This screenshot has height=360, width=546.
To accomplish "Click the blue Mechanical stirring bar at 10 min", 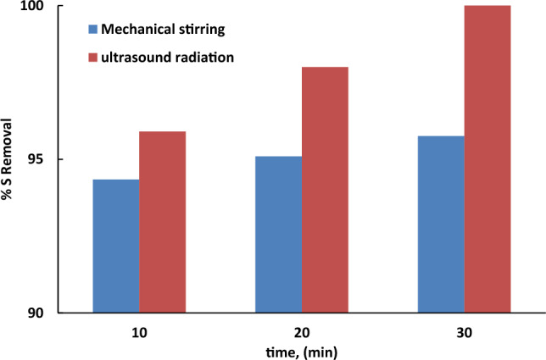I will coord(116,246).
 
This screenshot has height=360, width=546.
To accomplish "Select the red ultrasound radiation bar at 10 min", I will coord(162,222).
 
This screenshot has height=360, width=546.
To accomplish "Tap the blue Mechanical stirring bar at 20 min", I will coord(278,234).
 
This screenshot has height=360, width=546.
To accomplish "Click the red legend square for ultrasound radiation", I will coord(92,58).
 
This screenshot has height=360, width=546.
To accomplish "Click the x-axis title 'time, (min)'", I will coord(302,351).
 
